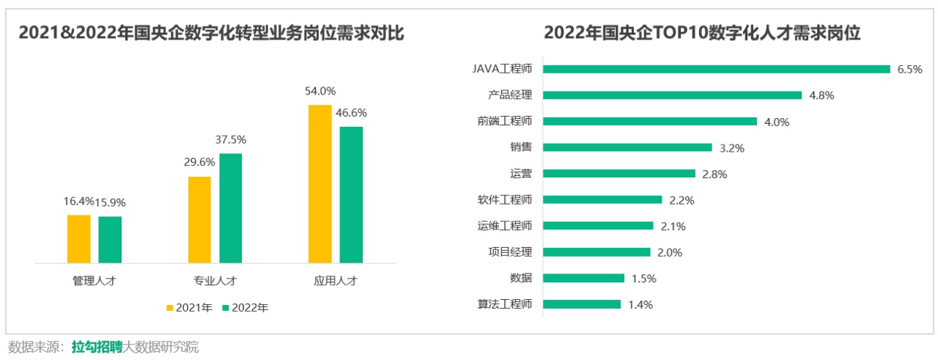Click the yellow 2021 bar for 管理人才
click(79, 238)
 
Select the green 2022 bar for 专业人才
click(231, 207)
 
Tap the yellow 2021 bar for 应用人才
click(320, 183)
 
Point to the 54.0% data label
click(320, 92)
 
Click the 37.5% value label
click(231, 139)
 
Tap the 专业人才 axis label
click(215, 281)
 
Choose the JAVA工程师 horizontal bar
click(717, 69)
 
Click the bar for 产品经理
click(673, 95)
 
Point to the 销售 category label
click(521, 147)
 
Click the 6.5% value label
click(909, 69)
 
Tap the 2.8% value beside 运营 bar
click(715, 174)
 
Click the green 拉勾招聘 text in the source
click(97, 347)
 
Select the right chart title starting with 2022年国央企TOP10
click(701, 33)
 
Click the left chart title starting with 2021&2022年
click(211, 33)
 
